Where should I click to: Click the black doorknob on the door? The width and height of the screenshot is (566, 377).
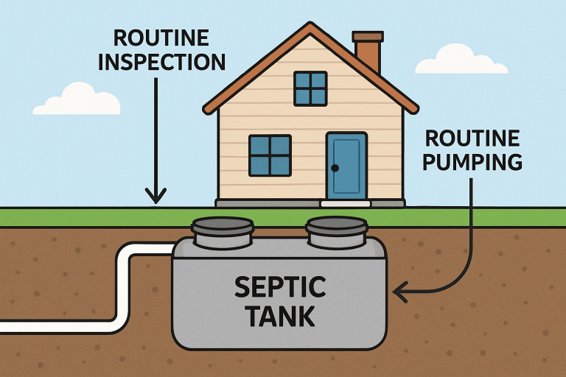[x=335, y=169]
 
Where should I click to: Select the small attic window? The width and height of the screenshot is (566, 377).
[x=310, y=88]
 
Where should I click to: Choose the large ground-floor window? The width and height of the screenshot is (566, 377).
[x=270, y=155]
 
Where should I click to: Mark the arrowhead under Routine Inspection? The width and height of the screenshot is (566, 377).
[x=156, y=196]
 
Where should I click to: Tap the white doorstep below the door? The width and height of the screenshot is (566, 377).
[x=345, y=202]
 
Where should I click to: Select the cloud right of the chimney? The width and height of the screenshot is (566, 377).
[x=461, y=61]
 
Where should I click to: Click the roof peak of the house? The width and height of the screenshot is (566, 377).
[x=309, y=27]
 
